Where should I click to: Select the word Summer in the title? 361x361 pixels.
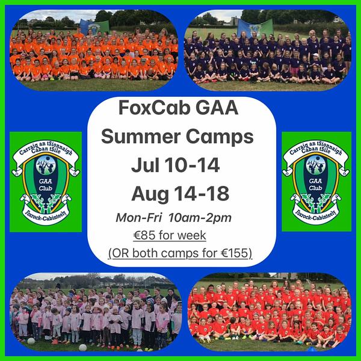click(x=141, y=137)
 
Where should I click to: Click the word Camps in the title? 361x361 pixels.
click(x=220, y=137)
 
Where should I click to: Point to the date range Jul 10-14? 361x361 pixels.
click(x=176, y=165)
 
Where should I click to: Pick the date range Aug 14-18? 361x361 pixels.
click(x=180, y=194)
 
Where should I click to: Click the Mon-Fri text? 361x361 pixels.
click(x=139, y=218)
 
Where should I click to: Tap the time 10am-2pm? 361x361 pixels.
click(x=200, y=218)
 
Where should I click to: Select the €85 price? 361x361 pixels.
click(x=144, y=235)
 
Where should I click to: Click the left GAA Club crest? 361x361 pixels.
click(x=46, y=182)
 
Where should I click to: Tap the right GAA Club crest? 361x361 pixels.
click(x=316, y=182)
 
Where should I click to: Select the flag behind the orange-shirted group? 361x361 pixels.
click(x=94, y=27)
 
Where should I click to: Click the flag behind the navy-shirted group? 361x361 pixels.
click(x=255, y=28)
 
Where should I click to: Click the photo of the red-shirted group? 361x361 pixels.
click(x=270, y=312)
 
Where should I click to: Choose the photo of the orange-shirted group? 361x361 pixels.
click(x=94, y=50)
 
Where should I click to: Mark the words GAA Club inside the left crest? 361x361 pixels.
click(x=45, y=185)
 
